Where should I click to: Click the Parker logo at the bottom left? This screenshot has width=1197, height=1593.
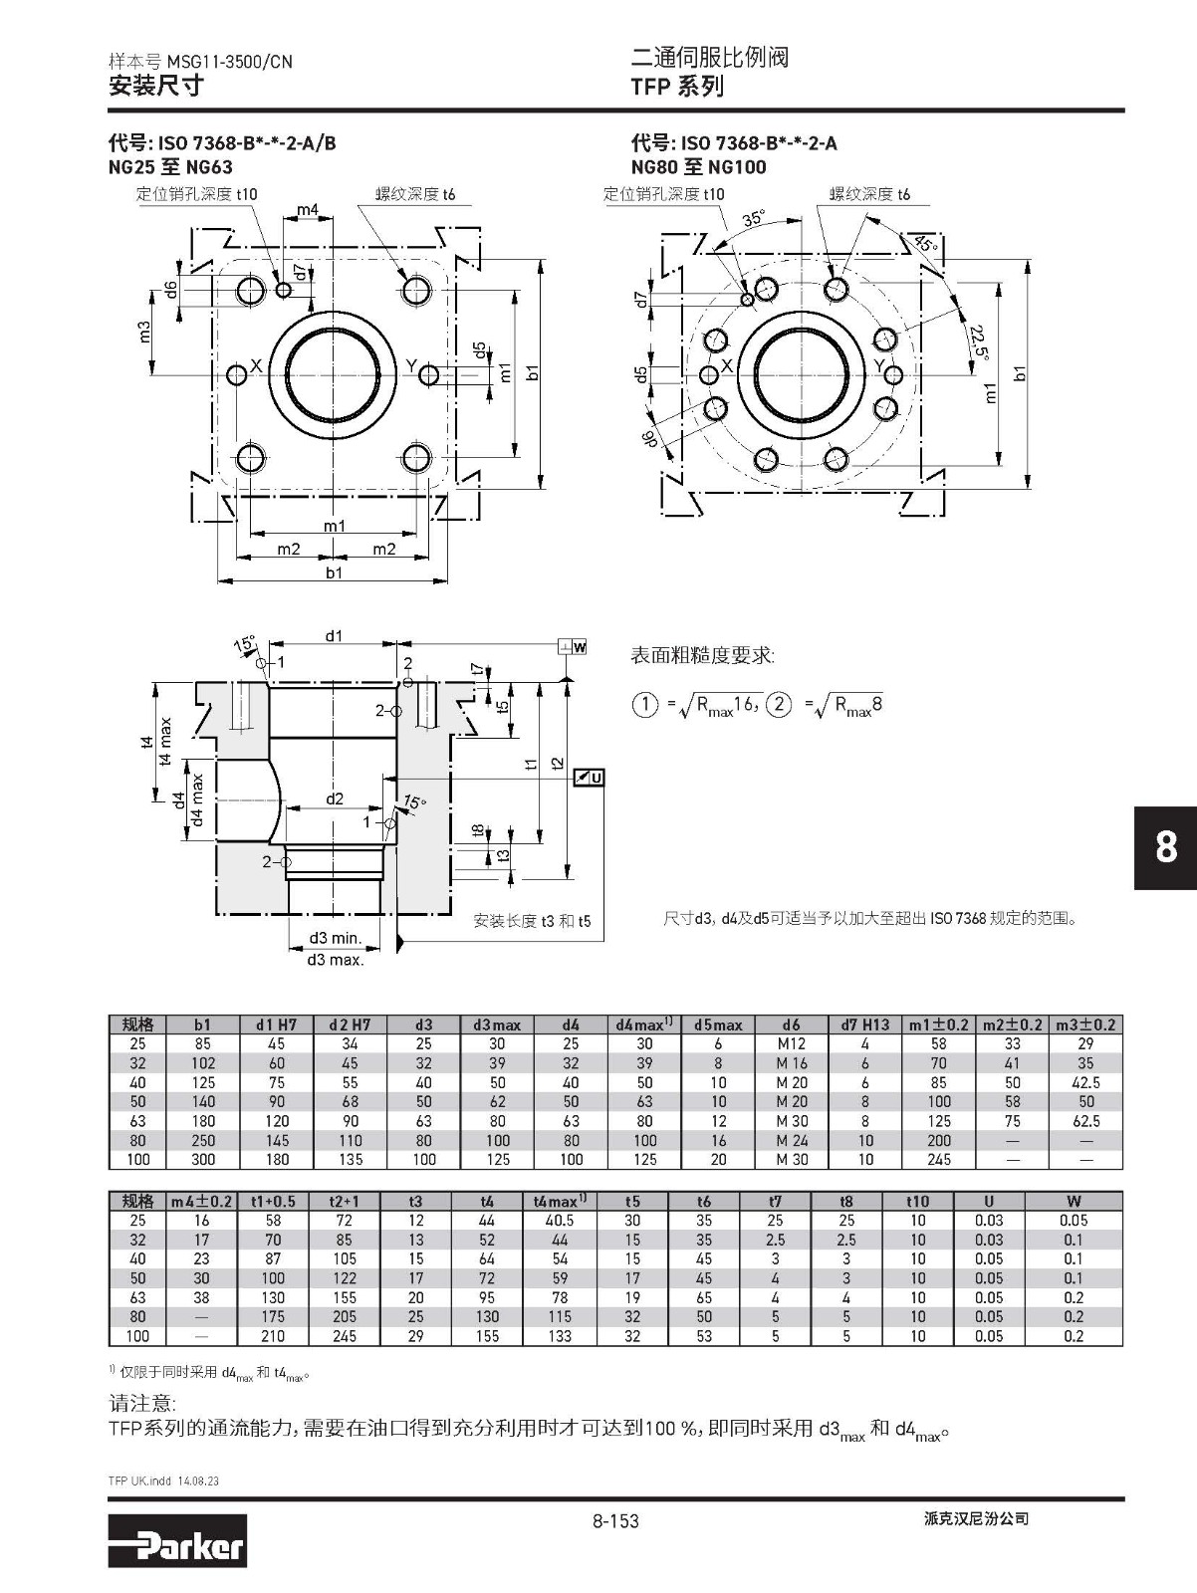[177, 1539]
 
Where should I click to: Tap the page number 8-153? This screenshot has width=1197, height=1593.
[614, 1520]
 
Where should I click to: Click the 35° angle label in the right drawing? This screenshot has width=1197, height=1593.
[754, 218]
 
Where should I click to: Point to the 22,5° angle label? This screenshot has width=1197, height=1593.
[980, 341]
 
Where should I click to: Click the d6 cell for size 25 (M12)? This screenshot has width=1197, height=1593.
[791, 1043]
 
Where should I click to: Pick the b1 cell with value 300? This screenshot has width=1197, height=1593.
[203, 1159]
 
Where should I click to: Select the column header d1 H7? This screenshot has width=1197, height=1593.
[276, 1024]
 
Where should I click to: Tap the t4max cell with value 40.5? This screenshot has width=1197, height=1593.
[560, 1220]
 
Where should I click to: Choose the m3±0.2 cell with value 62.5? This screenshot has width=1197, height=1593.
[1085, 1121]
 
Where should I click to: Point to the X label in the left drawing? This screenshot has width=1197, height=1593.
[256, 365]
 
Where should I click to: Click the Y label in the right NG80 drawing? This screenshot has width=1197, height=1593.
[879, 365]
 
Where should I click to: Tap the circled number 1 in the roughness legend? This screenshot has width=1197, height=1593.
[645, 705]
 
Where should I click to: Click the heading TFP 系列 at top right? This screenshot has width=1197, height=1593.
[677, 87]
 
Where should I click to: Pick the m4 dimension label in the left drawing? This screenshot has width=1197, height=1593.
[308, 210]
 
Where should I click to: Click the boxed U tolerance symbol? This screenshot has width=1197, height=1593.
[590, 778]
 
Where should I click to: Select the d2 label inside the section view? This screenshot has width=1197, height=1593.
[335, 798]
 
